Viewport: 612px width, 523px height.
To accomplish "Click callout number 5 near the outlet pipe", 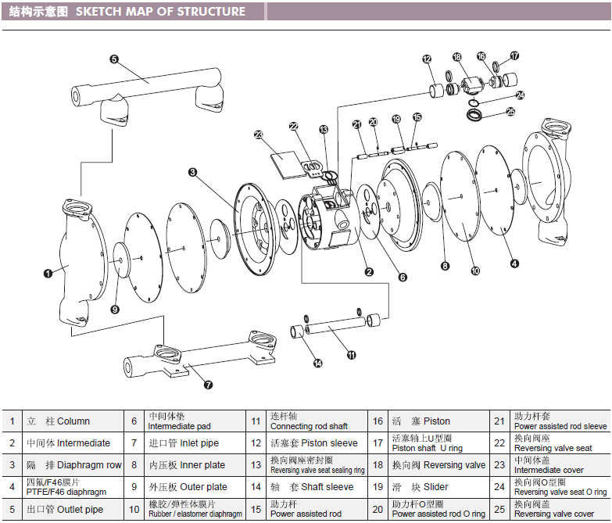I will [x=113, y=59].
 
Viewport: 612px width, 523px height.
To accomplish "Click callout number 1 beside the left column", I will [x=48, y=273].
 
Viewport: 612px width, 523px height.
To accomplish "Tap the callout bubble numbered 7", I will [x=208, y=385].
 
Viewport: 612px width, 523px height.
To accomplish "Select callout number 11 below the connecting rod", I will [x=351, y=355].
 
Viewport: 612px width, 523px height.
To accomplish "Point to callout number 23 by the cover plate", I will [x=259, y=134].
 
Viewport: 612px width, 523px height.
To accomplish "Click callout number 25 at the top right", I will [x=511, y=112].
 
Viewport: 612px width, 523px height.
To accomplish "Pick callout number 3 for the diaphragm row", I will [x=192, y=172].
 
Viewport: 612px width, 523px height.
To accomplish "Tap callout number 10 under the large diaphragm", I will [x=474, y=271].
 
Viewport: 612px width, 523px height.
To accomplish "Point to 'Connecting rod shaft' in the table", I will [x=309, y=421].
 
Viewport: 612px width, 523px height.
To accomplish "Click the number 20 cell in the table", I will [x=378, y=508].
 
